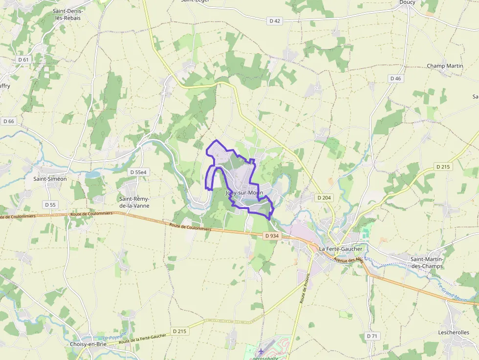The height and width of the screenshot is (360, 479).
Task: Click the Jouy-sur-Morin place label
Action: (244, 192)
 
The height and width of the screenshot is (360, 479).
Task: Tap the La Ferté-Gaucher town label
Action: (341, 249)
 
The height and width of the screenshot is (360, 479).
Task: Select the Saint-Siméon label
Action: (50, 179)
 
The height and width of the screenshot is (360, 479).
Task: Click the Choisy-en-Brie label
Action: (88, 344)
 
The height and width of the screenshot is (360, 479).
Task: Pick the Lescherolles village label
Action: (454, 332)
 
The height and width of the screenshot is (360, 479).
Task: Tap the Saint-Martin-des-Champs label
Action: (426, 263)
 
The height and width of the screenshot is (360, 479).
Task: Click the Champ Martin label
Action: (445, 66)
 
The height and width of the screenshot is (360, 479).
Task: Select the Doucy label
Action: (407, 2)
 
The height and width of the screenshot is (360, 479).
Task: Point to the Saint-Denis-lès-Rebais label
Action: (68, 14)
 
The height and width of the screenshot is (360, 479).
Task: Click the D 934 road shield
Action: (272, 235)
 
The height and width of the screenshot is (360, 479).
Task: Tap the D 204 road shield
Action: (324, 197)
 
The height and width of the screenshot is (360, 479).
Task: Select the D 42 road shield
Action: (275, 21)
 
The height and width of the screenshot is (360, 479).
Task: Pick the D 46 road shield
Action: (395, 78)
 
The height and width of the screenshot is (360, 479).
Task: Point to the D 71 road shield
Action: (372, 336)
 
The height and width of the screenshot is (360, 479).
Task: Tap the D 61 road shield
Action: (23, 59)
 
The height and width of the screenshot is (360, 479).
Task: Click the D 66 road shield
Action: (8, 121)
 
